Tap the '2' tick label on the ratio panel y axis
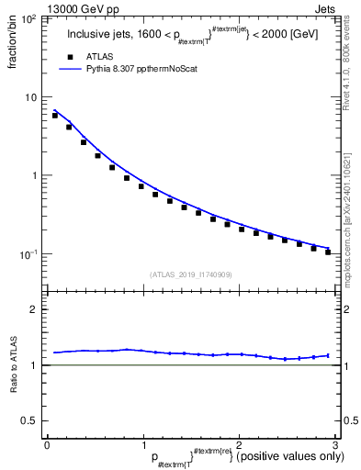[x=33, y=309]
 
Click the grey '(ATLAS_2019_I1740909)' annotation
[x=190, y=274]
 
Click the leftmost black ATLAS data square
[x=55, y=116]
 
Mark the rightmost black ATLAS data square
[x=328, y=252]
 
